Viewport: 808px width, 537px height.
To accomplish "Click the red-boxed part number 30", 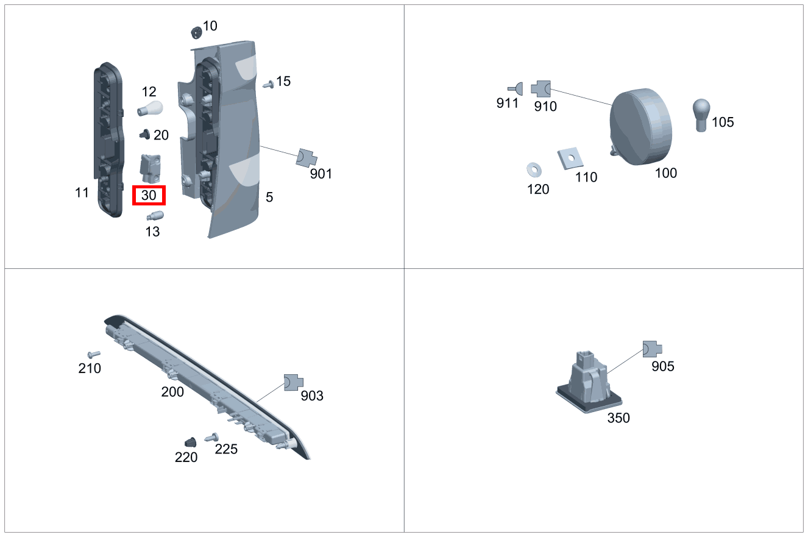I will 149,196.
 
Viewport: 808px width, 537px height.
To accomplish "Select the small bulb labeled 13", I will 154,216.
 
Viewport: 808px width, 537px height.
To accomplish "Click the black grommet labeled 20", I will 145,133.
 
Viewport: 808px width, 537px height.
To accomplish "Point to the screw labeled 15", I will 268,84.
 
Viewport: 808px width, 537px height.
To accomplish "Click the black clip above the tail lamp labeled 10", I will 196,31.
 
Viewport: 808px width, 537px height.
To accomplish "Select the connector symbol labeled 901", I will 306,158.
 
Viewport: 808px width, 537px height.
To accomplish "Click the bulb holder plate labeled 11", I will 107,140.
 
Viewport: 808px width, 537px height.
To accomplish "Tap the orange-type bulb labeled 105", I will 701,115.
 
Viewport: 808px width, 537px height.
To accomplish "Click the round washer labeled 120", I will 534,168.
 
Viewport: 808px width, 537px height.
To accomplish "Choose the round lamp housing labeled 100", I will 642,126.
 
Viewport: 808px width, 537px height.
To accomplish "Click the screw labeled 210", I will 93,354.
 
